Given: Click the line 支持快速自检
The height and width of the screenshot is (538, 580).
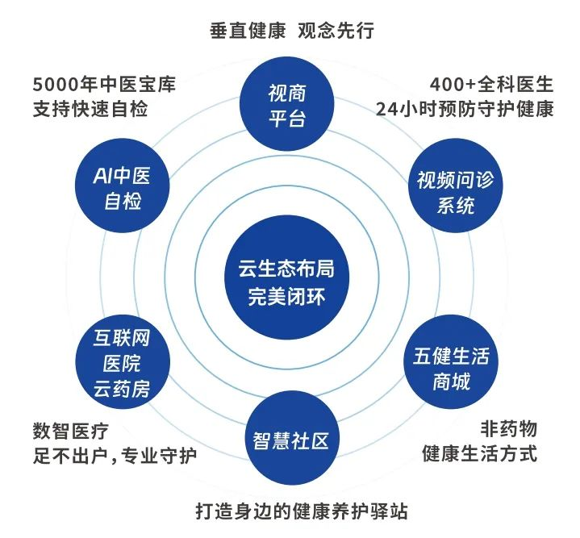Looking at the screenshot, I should coord(90,108).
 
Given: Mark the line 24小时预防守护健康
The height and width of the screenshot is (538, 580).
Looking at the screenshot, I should coord(464,108).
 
